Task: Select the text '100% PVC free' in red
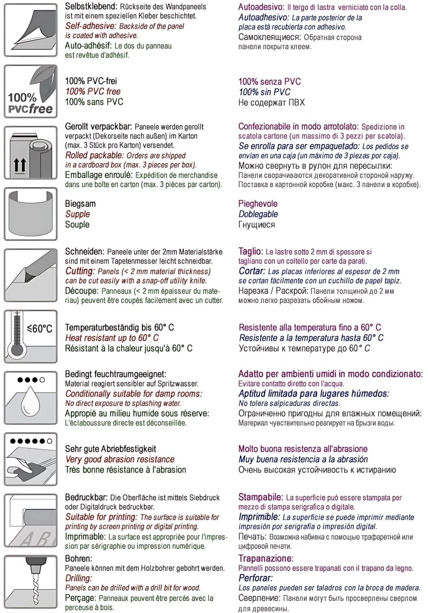click(93, 92)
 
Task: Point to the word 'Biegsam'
click(80, 204)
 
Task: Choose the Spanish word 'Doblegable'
click(258, 214)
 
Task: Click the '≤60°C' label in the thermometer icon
click(40, 328)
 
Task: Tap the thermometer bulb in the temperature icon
click(17, 350)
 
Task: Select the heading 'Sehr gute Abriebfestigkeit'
click(110, 449)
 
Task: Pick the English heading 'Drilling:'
click(78, 578)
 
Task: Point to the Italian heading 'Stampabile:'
click(261, 497)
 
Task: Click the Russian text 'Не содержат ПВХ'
click(272, 102)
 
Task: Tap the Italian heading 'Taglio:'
click(250, 251)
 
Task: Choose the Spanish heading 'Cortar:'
click(252, 271)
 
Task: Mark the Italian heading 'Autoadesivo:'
click(261, 7)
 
